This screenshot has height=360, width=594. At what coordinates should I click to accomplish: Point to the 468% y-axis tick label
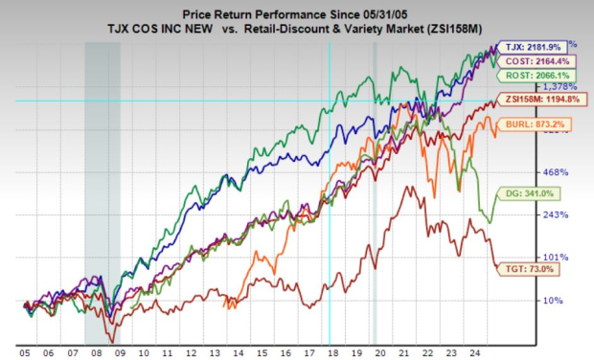click(557, 172)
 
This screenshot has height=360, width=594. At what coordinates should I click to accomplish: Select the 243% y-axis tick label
click(557, 214)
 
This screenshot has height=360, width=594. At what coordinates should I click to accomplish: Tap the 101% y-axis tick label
click(557, 258)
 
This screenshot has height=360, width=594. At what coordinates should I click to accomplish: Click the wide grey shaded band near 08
click(103, 191)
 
